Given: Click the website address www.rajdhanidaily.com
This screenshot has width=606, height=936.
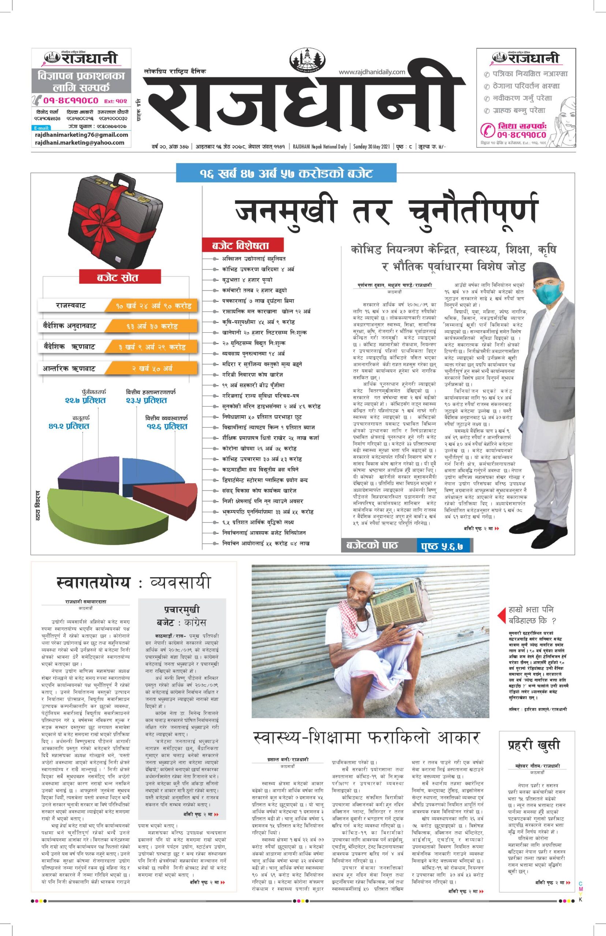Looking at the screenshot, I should coord(371,72).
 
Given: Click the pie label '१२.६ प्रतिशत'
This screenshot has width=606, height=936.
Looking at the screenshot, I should coord(167,426).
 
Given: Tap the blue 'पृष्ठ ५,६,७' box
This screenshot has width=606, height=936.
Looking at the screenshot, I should coord(444,546).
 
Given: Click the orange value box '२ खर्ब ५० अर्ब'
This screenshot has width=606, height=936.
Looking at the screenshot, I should coord(151,368).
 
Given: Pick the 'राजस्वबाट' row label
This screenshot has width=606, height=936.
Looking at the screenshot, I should coord(71,305).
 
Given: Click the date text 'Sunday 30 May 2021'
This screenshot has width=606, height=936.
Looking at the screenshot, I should coord(371,147).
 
